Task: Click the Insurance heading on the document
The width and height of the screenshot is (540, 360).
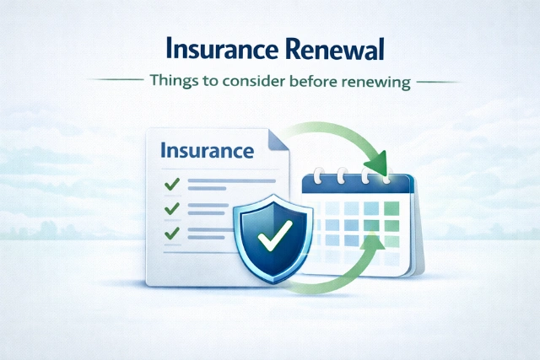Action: coord(206,152)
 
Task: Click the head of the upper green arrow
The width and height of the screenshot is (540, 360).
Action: coord(380,160)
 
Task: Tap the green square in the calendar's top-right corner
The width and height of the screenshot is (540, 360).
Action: coord(393,207)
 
